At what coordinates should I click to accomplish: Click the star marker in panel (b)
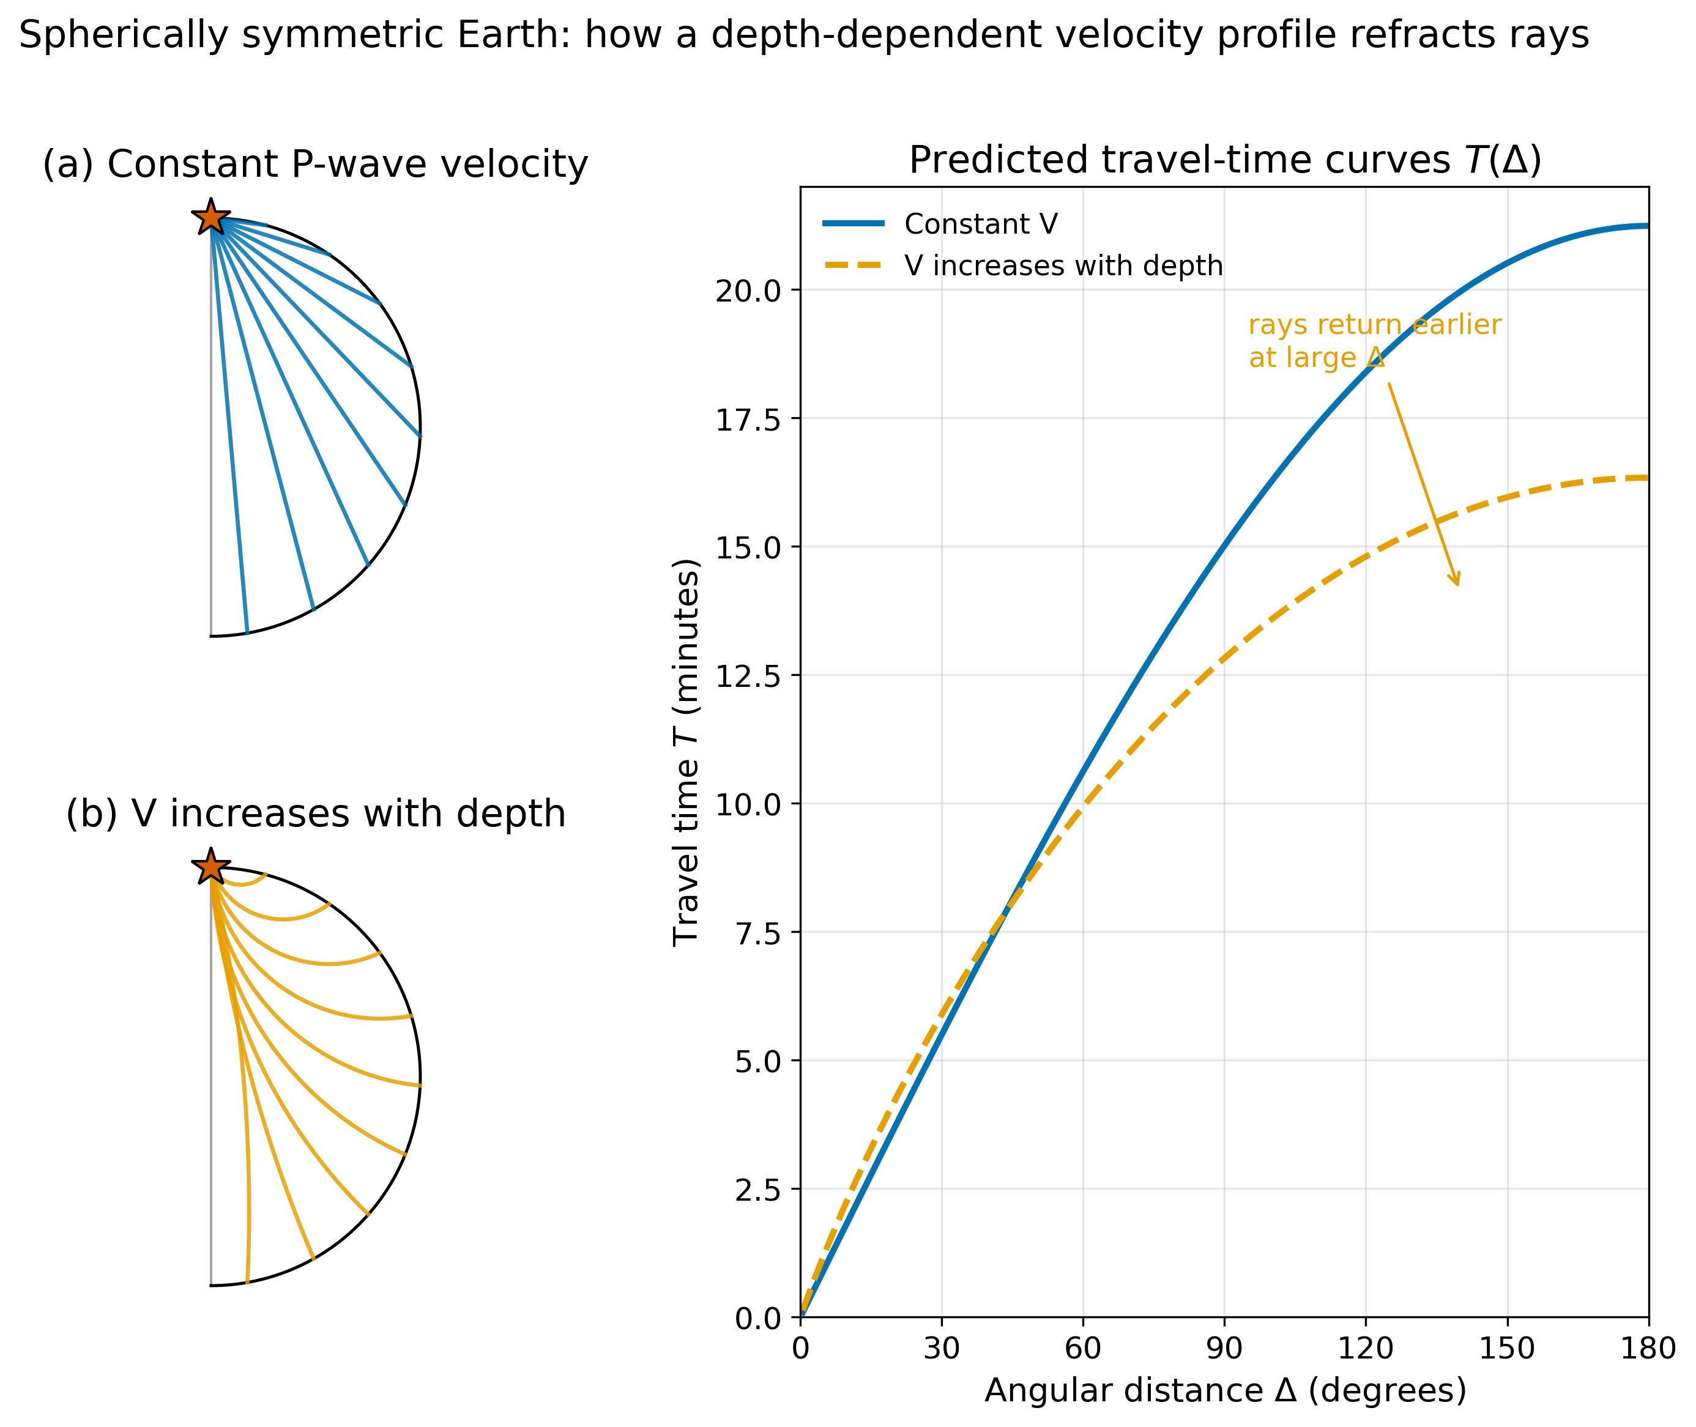(210, 866)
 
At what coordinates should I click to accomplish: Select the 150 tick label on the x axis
(1507, 1347)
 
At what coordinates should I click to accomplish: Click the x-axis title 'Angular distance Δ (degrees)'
(1225, 1390)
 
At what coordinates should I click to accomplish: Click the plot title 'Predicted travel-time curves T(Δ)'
(1225, 160)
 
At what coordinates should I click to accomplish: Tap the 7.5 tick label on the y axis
(758, 933)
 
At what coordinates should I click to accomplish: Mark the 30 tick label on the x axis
(941, 1347)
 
